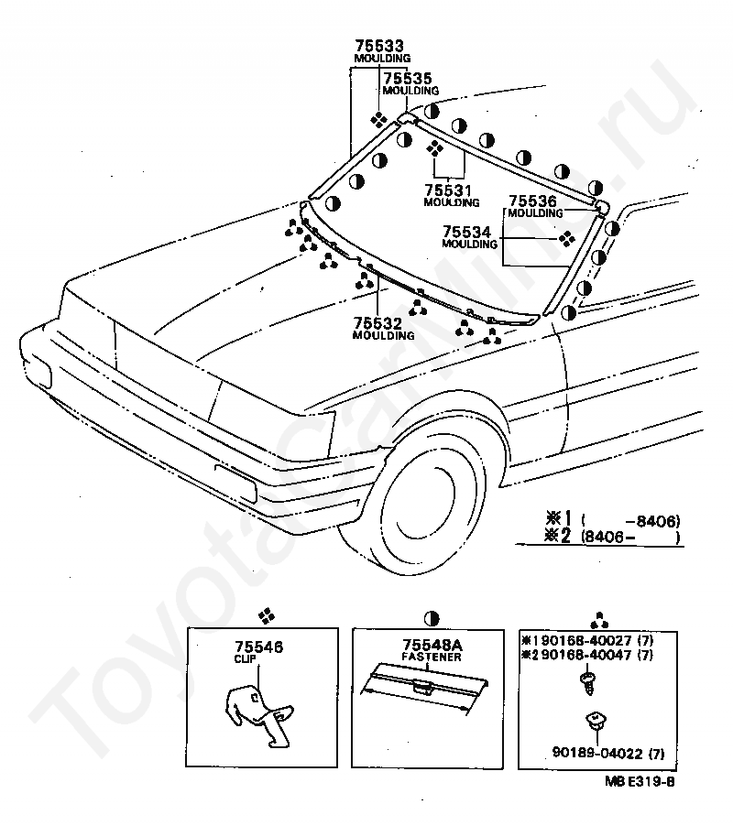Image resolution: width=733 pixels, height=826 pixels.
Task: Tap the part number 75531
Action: click(448, 190)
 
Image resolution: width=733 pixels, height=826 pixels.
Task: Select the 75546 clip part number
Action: click(258, 647)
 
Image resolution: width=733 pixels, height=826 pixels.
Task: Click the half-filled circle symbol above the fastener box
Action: click(431, 617)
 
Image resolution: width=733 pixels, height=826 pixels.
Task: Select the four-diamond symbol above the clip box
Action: click(266, 616)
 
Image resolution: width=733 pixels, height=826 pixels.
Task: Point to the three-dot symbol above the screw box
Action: click(600, 616)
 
